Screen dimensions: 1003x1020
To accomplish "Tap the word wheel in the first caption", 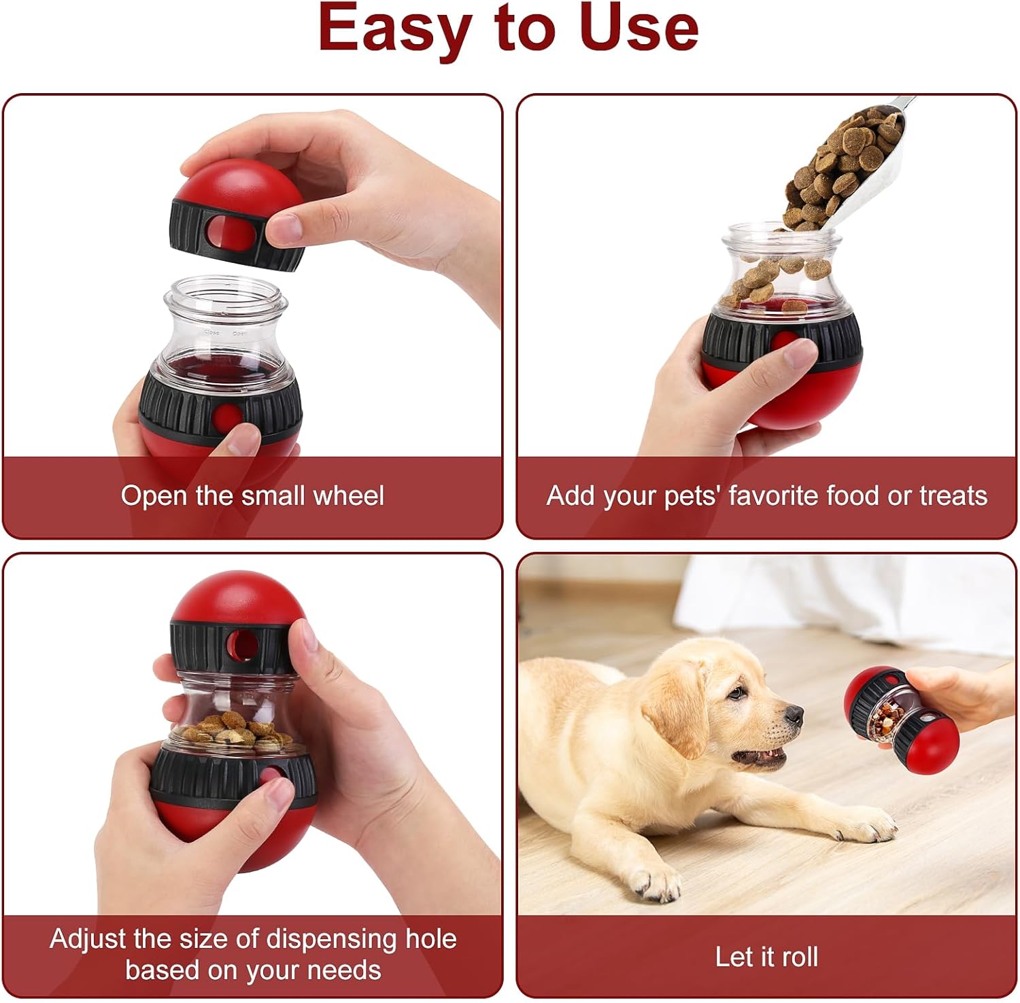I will point(349,495).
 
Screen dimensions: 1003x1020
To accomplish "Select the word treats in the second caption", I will point(953,495).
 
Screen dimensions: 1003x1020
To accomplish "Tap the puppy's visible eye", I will point(736,694).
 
